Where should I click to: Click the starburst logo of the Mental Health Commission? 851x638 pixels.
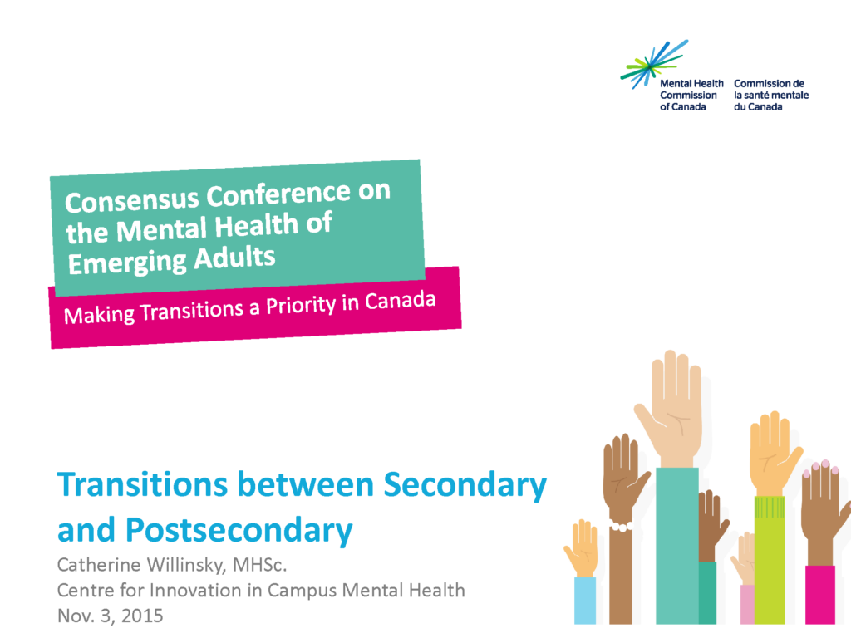tap(653, 65)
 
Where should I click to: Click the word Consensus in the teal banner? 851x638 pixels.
tap(132, 199)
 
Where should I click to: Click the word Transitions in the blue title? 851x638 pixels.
tap(143, 484)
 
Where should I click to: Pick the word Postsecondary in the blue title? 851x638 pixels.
tap(239, 531)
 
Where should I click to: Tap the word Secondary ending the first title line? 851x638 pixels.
tap(465, 485)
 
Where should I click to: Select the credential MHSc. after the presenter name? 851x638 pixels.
tap(259, 565)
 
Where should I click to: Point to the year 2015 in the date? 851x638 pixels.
tap(142, 616)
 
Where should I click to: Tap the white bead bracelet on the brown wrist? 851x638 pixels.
tap(620, 526)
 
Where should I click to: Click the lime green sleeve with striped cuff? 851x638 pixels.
tap(770, 559)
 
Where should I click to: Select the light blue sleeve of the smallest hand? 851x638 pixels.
tap(585, 600)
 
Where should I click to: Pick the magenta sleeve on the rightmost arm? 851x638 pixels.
tap(820, 595)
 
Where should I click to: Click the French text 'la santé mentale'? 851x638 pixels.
tap(771, 95)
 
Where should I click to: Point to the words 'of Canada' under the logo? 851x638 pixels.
tap(683, 107)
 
